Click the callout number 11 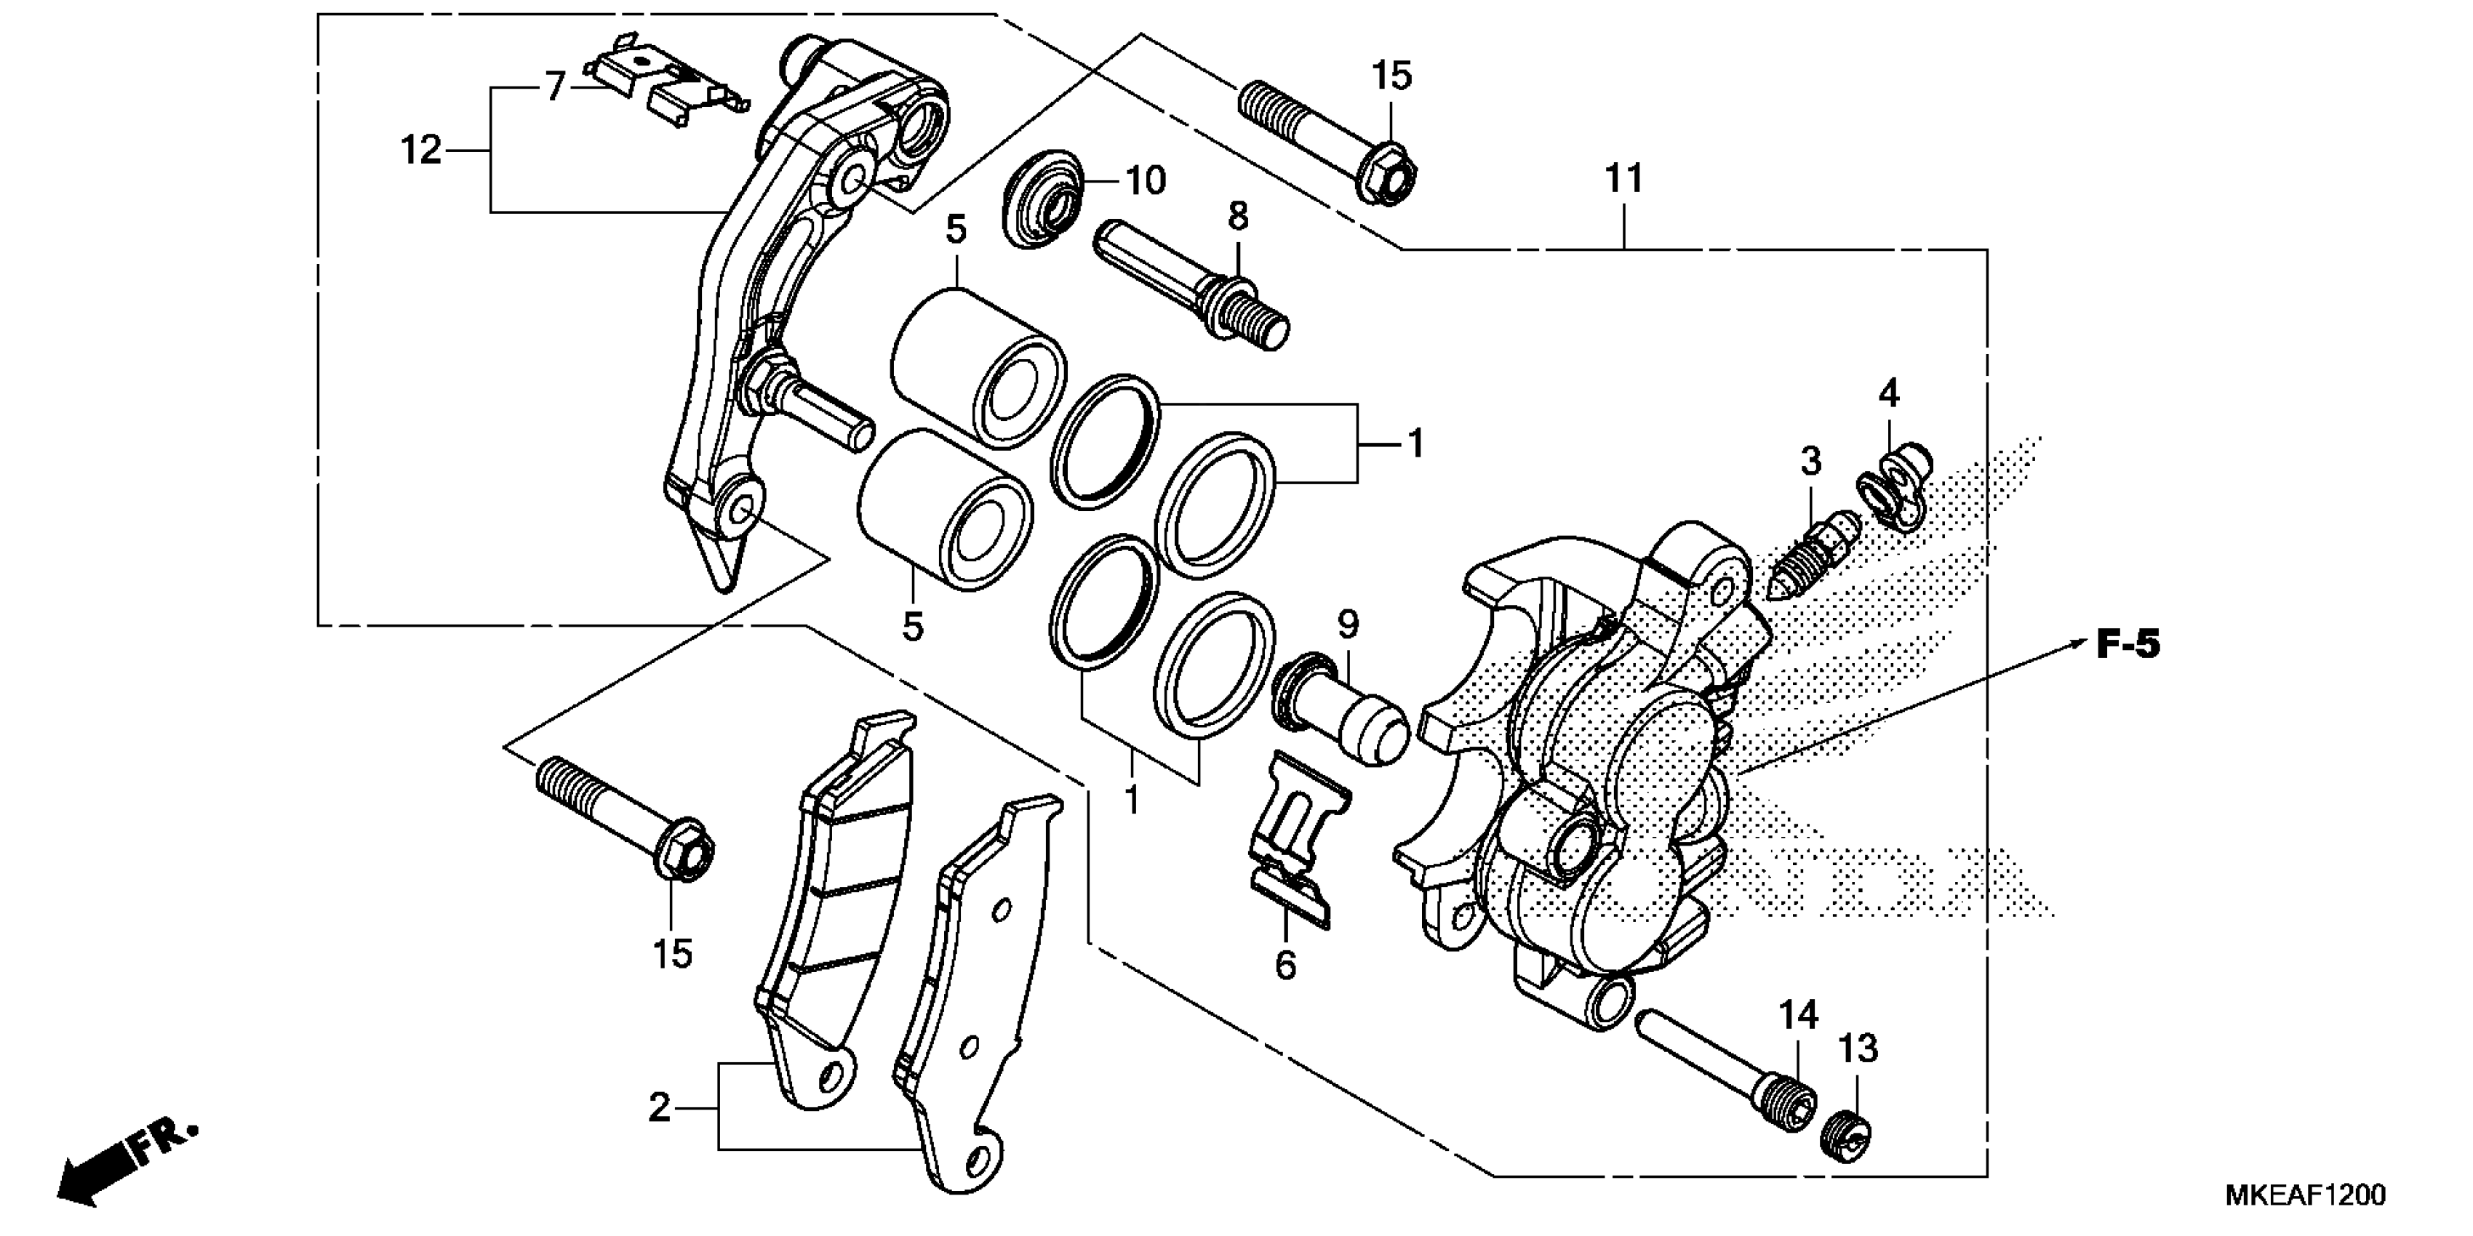tap(1624, 180)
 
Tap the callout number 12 tap(420, 151)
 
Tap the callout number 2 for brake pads tap(658, 1108)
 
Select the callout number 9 tap(1348, 626)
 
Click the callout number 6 tap(1285, 966)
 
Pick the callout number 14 tap(1798, 1015)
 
